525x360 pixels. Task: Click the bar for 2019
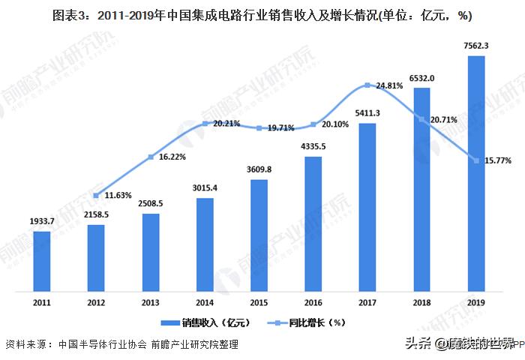click(476, 172)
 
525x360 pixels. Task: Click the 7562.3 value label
click(476, 46)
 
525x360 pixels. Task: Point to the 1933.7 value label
click(42, 223)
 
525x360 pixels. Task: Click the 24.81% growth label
click(389, 86)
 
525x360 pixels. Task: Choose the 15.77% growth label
click(499, 159)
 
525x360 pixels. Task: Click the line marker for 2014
click(205, 124)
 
